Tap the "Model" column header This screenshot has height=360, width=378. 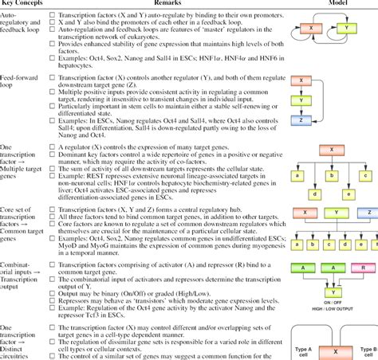tap(336, 4)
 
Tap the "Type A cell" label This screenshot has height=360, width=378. tap(301, 350)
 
